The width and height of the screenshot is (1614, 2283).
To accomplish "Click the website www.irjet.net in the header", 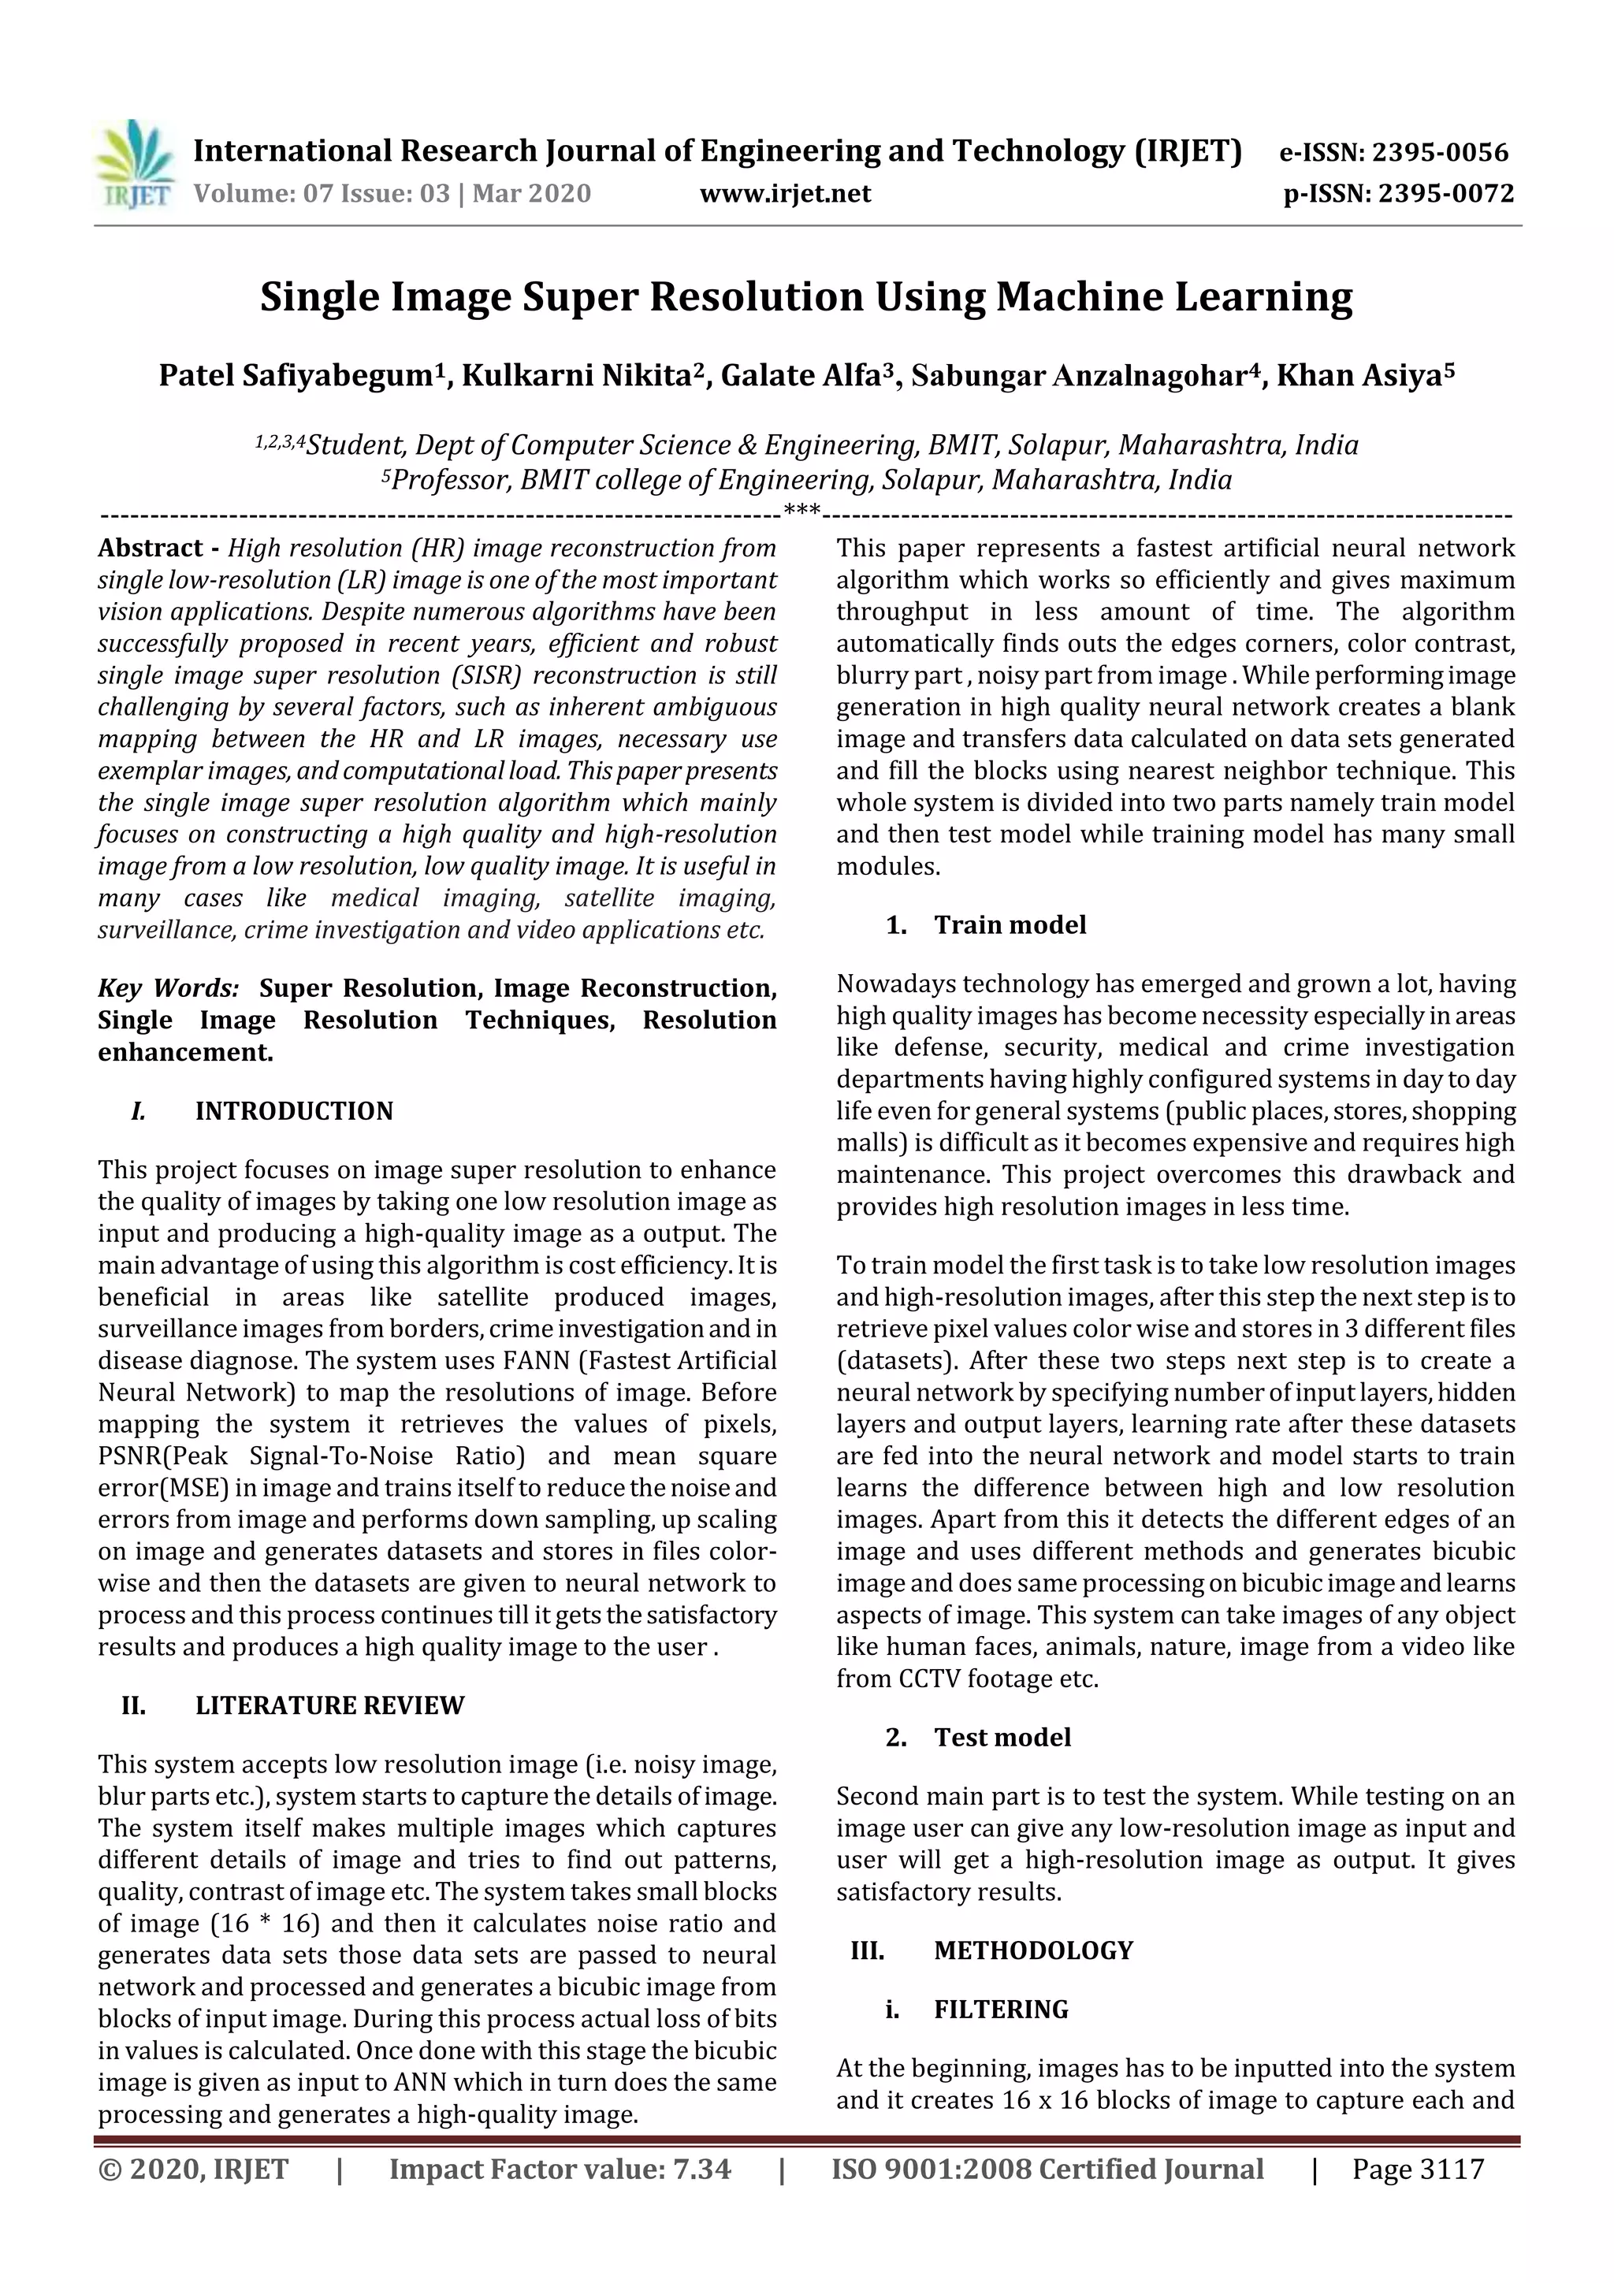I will pyautogui.click(x=785, y=193).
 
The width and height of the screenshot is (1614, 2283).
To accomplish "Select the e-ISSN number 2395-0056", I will pyautogui.click(x=1439, y=152).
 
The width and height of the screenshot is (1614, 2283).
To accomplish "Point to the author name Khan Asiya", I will pyautogui.click(x=1359, y=376).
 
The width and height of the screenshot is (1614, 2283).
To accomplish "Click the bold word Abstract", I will pyautogui.click(x=151, y=548).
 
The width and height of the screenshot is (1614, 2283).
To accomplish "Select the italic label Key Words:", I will pyautogui.click(x=168, y=987).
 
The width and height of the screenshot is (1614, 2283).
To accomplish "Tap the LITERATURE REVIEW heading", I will pyautogui.click(x=329, y=1706).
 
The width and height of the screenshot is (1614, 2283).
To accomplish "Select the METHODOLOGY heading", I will pyautogui.click(x=1033, y=1950).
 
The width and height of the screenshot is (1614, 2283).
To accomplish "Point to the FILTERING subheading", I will pyautogui.click(x=1000, y=2010).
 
